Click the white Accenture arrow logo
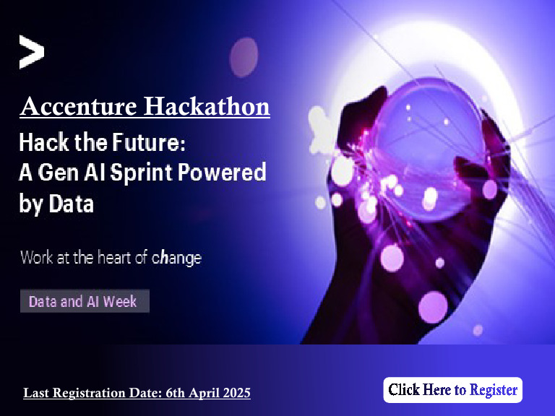tap(31, 52)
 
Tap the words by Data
tap(56, 204)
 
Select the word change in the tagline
tap(176, 257)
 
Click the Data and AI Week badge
tap(84, 301)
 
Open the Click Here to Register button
tap(452, 390)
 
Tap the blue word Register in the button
tap(494, 390)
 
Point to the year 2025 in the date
tap(236, 393)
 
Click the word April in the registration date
tap(203, 393)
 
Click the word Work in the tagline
tap(37, 257)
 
